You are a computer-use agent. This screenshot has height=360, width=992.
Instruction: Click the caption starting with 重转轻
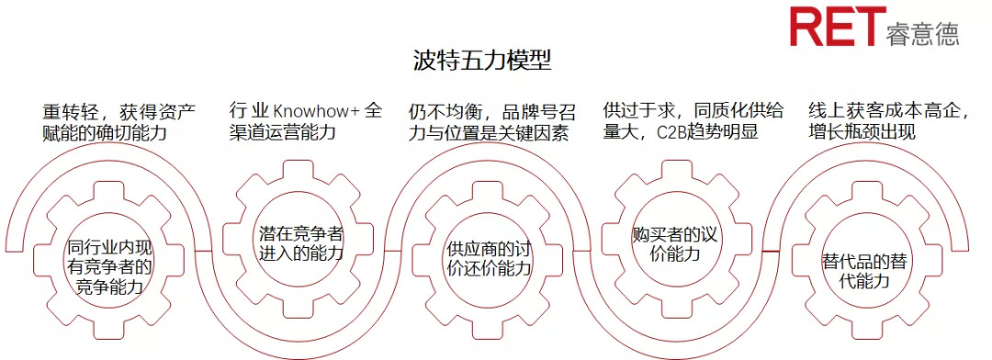tap(119, 121)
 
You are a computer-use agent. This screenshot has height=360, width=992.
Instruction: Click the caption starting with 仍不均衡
tap(492, 122)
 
